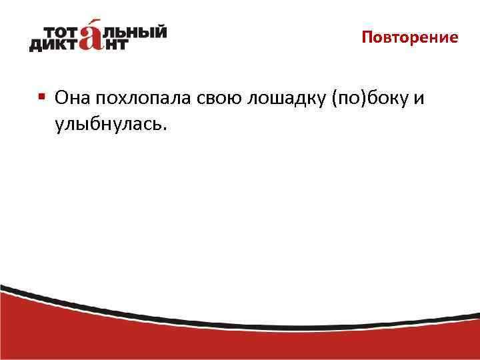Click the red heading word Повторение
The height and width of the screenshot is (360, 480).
(410, 37)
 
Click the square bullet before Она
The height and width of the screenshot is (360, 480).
(42, 97)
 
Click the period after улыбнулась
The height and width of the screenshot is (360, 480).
(159, 128)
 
